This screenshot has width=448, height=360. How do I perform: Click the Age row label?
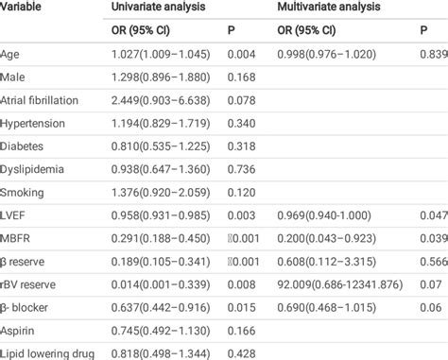pos(15,54)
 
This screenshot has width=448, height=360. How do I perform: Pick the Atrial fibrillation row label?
pos(46,100)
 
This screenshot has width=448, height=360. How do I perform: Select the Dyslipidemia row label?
pos(35,169)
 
